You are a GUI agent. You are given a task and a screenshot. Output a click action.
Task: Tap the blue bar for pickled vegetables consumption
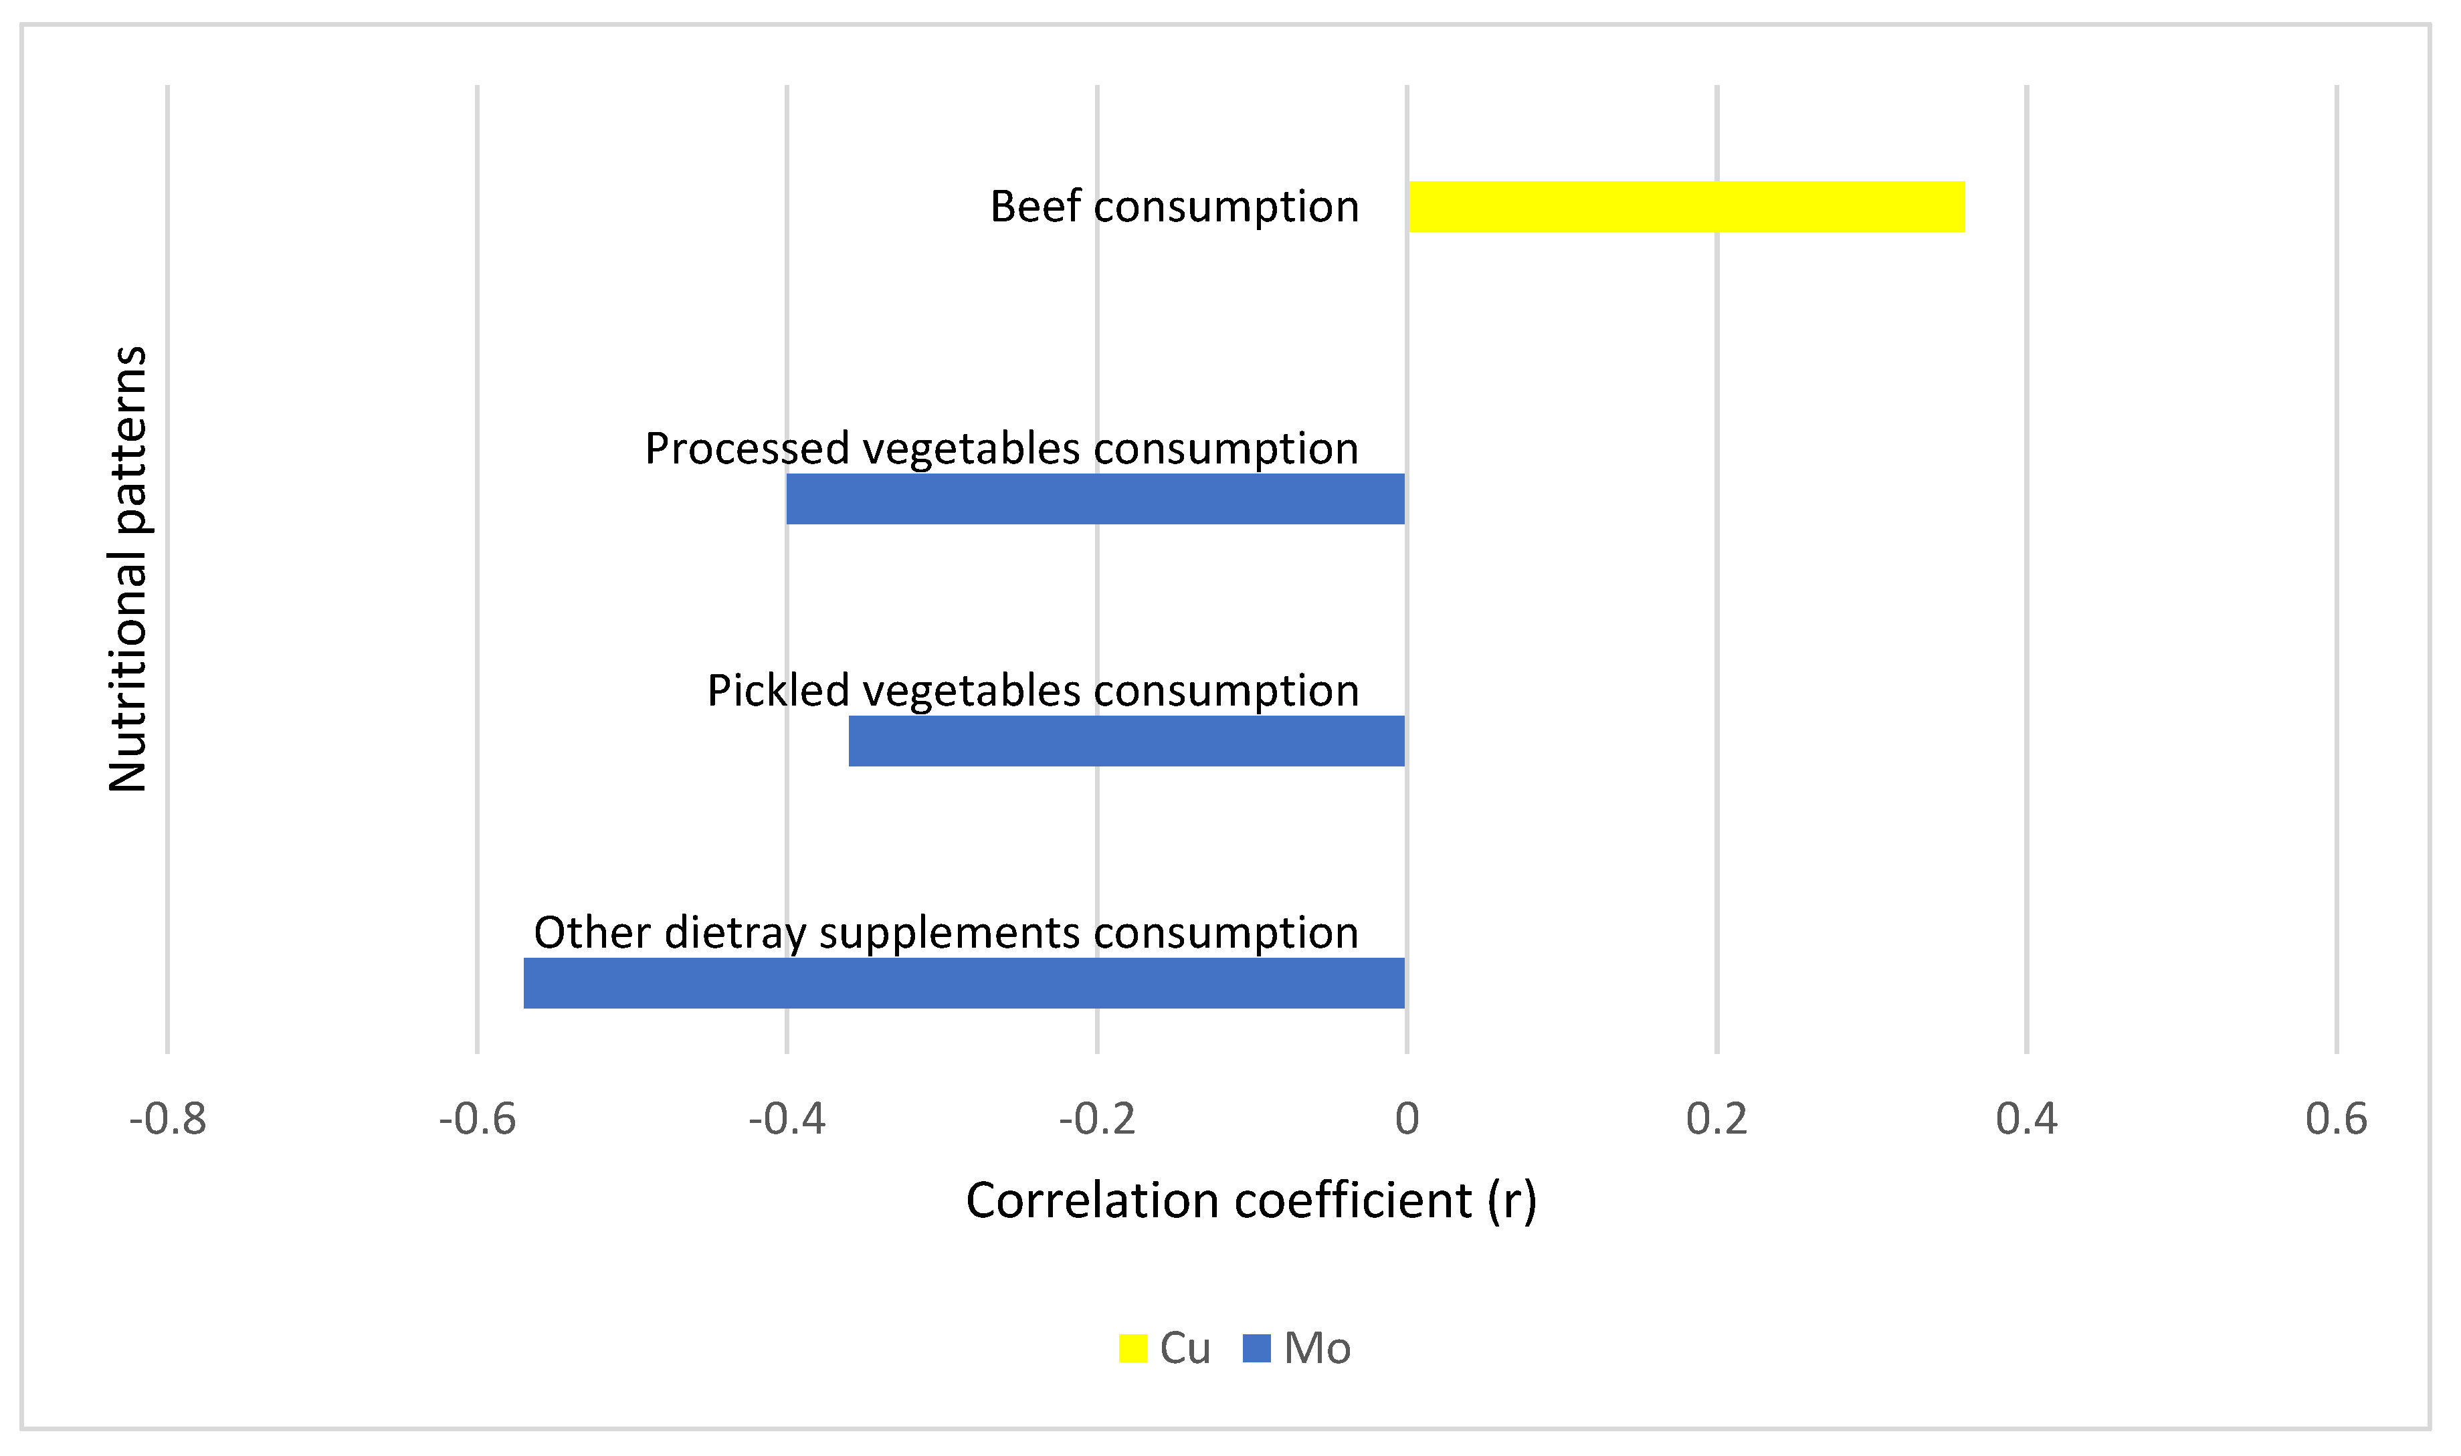[x=1126, y=741]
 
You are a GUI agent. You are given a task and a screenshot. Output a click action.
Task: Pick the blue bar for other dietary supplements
[x=964, y=983]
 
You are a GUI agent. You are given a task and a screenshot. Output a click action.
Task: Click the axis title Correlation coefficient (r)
[x=1251, y=1201]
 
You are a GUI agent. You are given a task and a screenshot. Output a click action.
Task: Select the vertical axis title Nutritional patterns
[x=128, y=569]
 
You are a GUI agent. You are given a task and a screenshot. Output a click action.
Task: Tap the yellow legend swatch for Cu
[x=1133, y=1348]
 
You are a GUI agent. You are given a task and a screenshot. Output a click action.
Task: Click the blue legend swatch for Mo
[x=1257, y=1348]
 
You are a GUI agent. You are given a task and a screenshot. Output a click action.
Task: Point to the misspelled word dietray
[x=735, y=933]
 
